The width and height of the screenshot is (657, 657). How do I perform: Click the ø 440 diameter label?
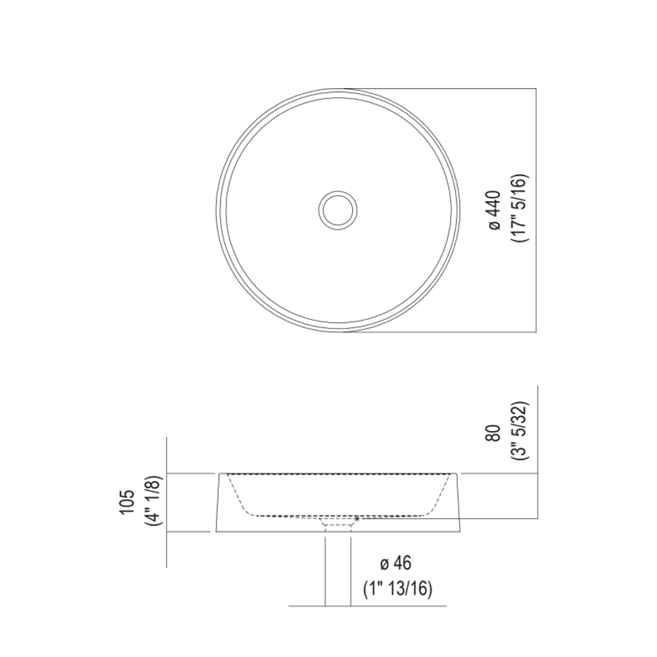tap(495, 210)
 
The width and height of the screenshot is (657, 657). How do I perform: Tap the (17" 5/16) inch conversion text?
tap(520, 208)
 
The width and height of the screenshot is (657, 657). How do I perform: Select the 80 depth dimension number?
tap(495, 433)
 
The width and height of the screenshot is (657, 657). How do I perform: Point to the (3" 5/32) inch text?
tap(520, 432)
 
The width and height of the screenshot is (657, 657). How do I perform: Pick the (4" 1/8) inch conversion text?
tap(154, 501)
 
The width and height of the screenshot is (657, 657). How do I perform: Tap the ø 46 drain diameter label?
tap(396, 563)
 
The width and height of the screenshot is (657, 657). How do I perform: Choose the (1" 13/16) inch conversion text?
tap(397, 589)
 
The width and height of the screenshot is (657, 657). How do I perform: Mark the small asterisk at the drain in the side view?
tap(357, 519)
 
